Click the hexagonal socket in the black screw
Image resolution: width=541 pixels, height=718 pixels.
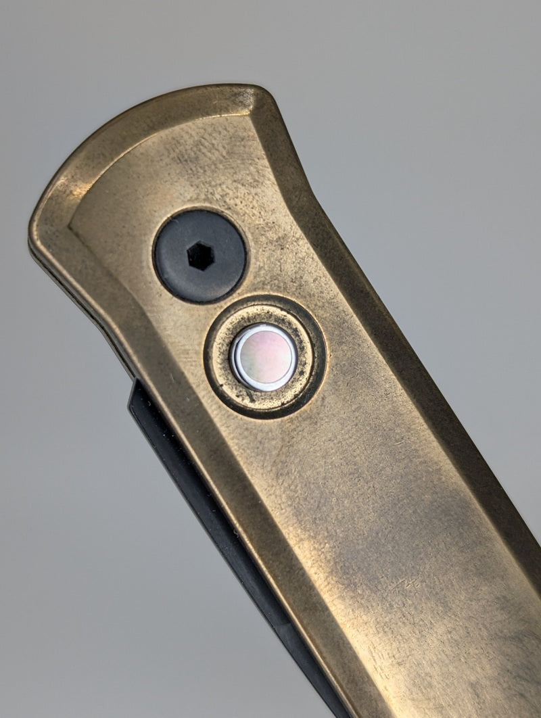coord(200,256)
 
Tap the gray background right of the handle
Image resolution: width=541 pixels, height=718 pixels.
coord(460,203)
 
